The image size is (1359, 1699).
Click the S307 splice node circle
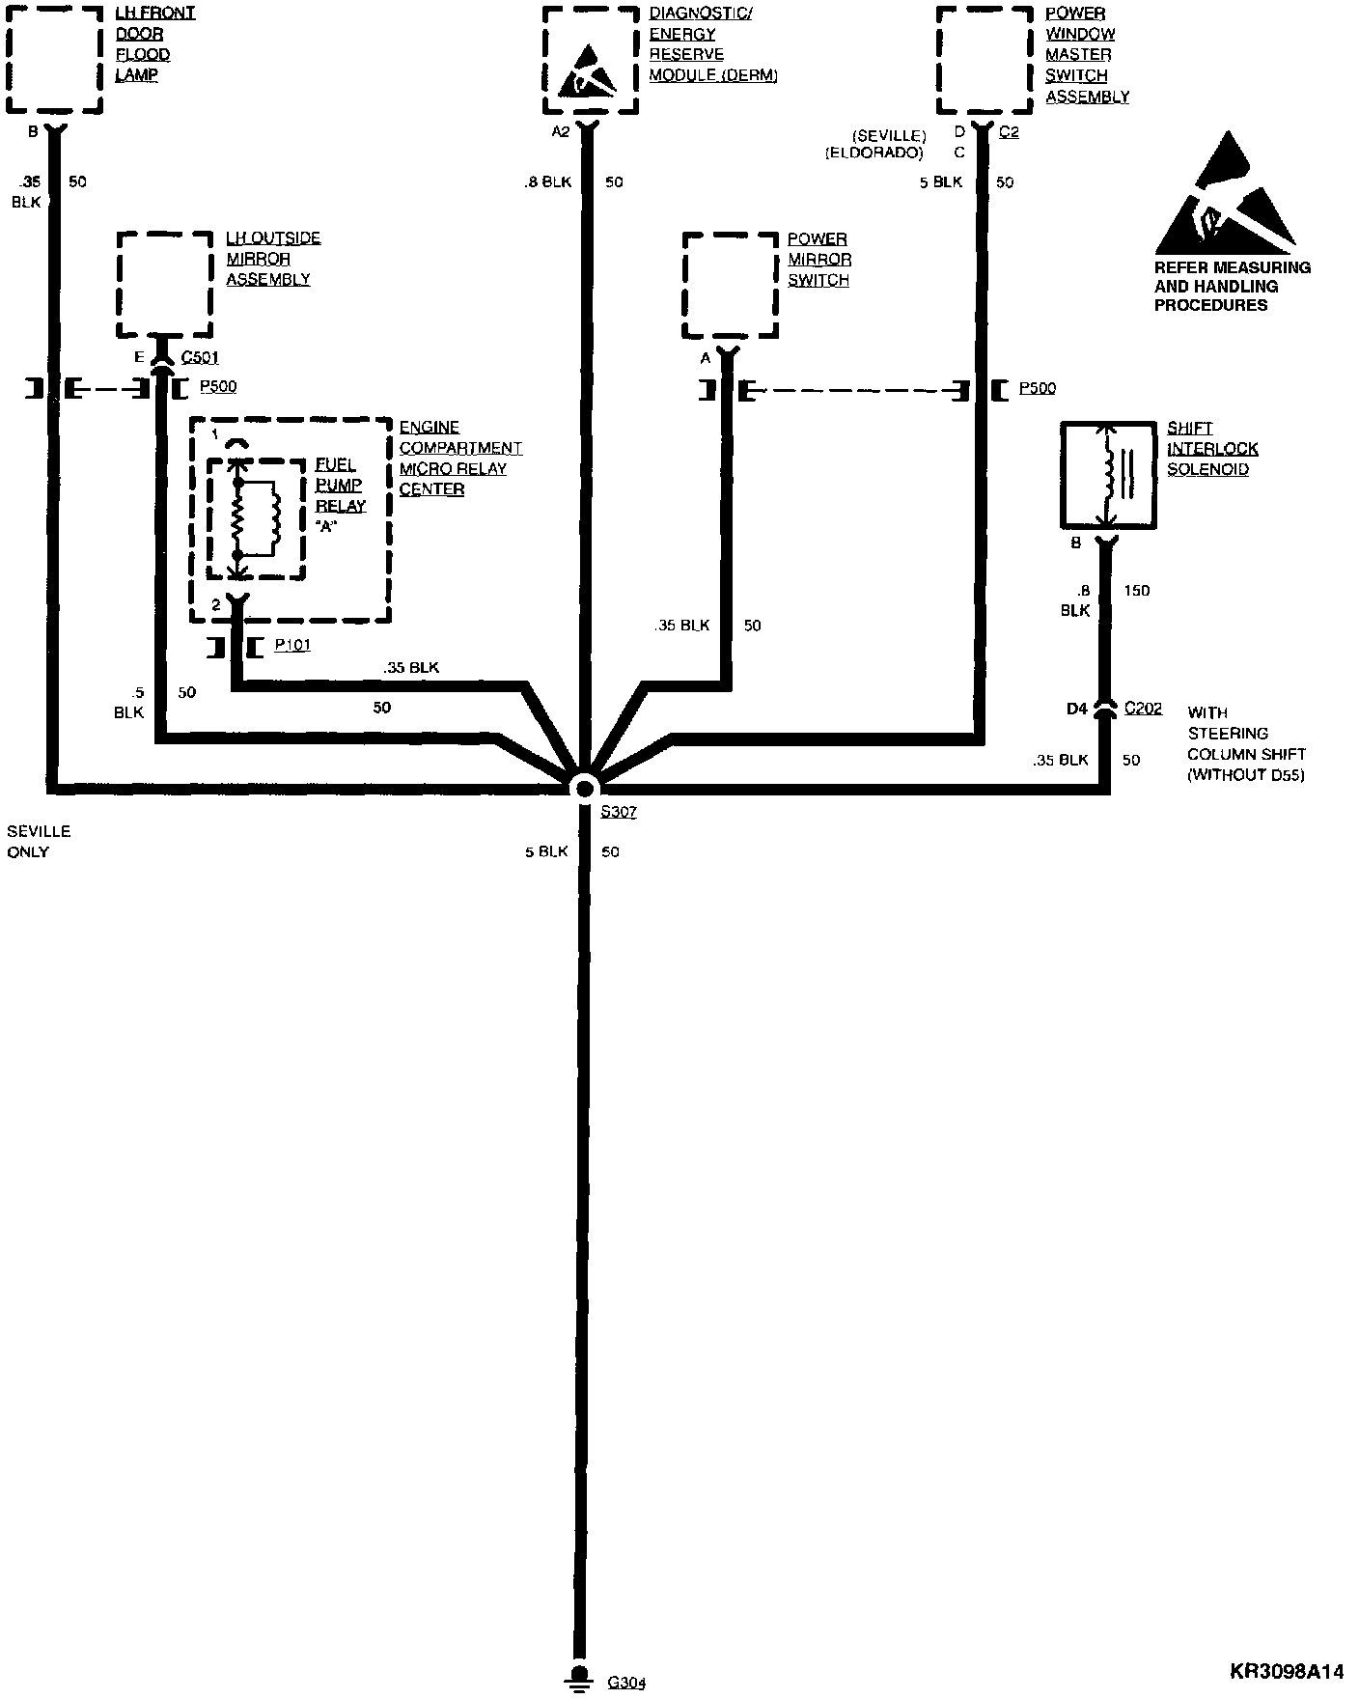coord(584,788)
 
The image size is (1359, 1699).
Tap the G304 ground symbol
coord(579,1678)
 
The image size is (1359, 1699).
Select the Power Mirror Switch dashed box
coord(730,285)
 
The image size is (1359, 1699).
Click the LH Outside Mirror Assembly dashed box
coord(164,285)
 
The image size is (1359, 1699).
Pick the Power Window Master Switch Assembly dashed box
coord(985,60)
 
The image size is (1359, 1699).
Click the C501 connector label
coord(200,358)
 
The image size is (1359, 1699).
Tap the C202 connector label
coord(1143,709)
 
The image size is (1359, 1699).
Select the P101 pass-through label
coord(291,645)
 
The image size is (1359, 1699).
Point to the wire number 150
coord(1137,591)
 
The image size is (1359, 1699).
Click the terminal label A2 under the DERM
coord(561,132)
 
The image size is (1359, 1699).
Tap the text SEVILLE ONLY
coord(39,842)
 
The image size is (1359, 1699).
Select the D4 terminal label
coord(1076,710)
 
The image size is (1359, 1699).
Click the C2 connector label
coord(1008,132)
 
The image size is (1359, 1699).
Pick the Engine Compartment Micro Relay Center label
coord(459,459)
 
